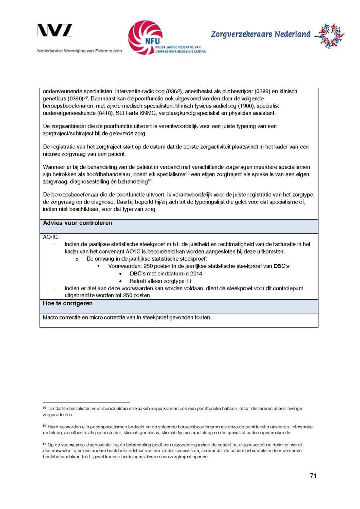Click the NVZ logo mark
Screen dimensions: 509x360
point(55,31)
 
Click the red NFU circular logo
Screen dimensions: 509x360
point(145,37)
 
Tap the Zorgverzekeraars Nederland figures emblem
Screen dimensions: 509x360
point(329,36)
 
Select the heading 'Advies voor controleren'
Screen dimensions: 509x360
point(77,223)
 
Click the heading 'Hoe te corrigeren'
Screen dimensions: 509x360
point(68,303)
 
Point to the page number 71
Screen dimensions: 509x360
point(313,476)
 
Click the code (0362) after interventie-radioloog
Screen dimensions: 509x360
point(172,92)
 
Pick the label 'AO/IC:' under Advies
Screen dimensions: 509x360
point(51,237)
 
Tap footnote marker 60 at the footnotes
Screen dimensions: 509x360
point(44,426)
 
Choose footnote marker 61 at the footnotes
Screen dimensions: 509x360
point(44,444)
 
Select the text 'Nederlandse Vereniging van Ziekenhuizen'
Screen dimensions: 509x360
point(80,51)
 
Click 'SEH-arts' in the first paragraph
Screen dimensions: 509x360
point(127,113)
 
